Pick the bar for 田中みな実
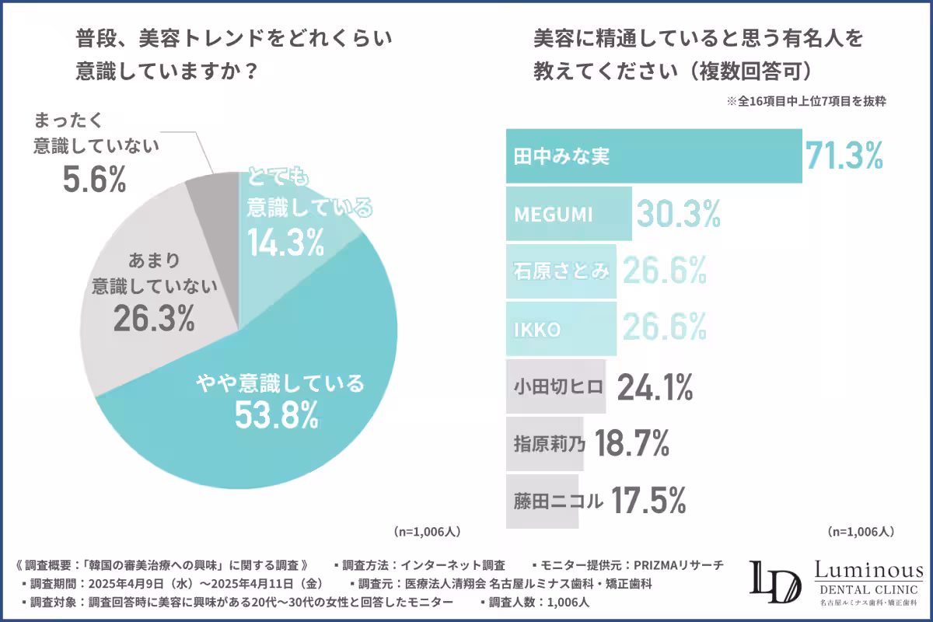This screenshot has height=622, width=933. [653, 155]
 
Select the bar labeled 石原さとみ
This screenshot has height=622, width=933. [561, 271]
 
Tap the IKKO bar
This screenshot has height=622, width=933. [561, 328]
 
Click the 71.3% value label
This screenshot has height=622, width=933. [844, 155]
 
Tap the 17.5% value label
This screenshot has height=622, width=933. [648, 501]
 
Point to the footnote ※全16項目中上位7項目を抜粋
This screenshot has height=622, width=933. [807, 101]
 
